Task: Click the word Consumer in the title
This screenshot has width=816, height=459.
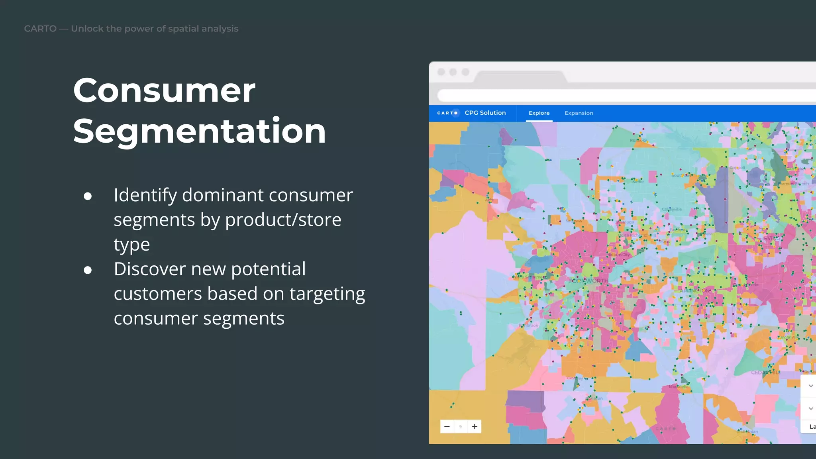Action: click(164, 91)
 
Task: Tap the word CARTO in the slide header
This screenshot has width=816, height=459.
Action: click(40, 29)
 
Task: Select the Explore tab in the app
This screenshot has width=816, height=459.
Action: click(539, 113)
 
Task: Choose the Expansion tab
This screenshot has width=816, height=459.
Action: click(579, 113)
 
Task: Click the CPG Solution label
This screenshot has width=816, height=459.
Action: click(485, 113)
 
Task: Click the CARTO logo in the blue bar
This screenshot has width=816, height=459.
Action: click(447, 113)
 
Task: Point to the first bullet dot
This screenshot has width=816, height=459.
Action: click(88, 196)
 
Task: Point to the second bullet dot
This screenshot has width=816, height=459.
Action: click(88, 270)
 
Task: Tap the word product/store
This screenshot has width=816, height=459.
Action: click(283, 220)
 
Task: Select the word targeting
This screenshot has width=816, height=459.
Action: click(327, 294)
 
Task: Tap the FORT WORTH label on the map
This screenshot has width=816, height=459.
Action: click(588, 281)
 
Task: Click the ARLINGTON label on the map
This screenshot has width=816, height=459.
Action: click(695, 291)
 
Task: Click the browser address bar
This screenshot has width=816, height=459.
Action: click(626, 96)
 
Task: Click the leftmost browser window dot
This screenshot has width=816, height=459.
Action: click(441, 72)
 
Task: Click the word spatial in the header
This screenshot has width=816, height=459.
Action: click(183, 29)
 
